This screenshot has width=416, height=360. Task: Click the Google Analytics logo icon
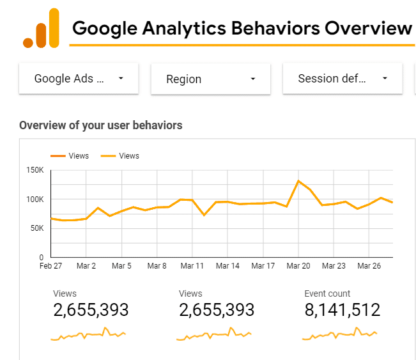click(x=41, y=29)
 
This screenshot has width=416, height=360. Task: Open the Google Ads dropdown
click(x=79, y=79)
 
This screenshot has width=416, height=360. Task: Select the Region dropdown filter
click(x=210, y=79)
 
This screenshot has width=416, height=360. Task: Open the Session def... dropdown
click(x=343, y=79)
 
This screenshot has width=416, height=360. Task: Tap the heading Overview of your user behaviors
click(x=101, y=125)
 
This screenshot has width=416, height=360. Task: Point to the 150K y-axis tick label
click(x=34, y=170)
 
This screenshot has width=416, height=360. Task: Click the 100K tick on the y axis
click(x=34, y=200)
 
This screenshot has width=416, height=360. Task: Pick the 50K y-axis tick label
click(x=36, y=228)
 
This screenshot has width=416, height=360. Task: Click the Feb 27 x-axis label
click(x=50, y=265)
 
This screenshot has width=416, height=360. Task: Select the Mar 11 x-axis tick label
click(x=192, y=265)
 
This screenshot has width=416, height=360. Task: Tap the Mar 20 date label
click(x=298, y=265)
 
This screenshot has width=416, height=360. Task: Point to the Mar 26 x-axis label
click(x=369, y=265)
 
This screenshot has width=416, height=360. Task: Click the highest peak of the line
click(x=298, y=181)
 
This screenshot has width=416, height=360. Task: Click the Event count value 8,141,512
click(x=342, y=311)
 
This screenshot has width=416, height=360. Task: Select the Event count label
click(x=327, y=293)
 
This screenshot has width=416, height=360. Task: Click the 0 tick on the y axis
click(x=42, y=257)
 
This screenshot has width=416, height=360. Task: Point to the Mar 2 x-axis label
click(x=86, y=265)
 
